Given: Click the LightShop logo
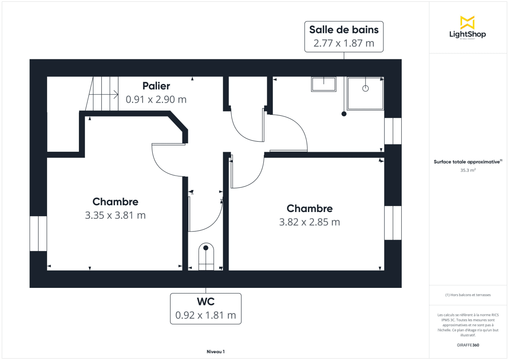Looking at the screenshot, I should [467, 28].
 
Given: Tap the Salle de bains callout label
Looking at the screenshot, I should [344, 36].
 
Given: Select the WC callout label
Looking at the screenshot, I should [206, 309].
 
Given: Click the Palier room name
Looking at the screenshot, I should [156, 86].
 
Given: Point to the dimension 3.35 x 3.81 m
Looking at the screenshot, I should [115, 215].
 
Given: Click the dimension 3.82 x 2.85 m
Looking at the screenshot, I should [310, 222].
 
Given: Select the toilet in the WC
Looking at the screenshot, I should [206, 257].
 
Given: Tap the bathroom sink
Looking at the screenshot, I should [324, 84].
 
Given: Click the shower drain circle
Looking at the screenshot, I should [366, 88].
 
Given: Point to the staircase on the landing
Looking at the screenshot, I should [102, 94].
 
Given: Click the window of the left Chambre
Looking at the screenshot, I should [38, 233].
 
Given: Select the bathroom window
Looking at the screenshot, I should [393, 131].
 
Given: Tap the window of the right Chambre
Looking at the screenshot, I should [393, 223].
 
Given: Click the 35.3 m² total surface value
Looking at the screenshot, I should [468, 170].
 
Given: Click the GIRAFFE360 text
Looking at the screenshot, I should [468, 345].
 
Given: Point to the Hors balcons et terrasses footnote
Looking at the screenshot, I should [468, 295].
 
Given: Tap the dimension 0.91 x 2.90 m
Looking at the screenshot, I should [156, 100].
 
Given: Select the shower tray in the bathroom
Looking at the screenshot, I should [365, 93].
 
